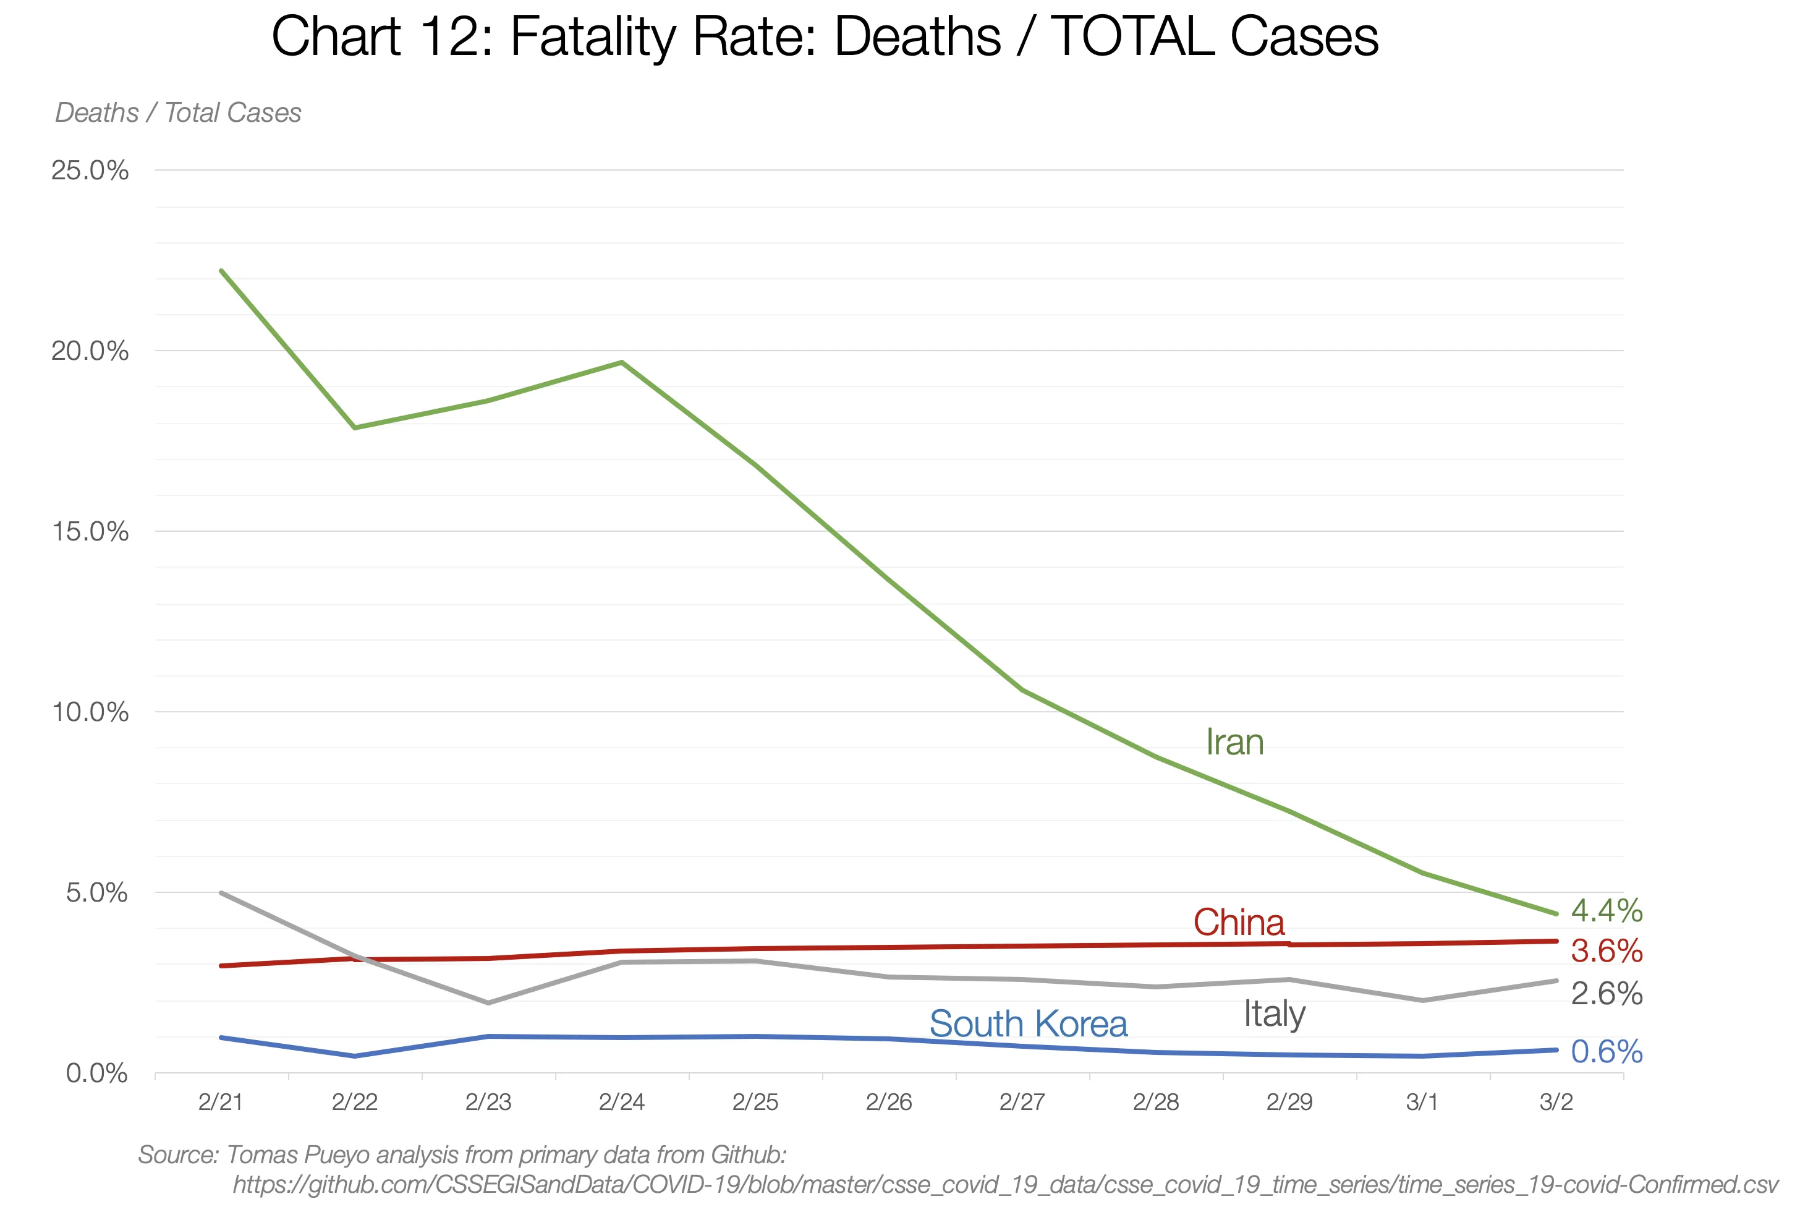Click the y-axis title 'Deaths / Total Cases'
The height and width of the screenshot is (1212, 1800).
(177, 113)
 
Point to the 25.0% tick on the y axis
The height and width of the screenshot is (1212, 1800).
(90, 170)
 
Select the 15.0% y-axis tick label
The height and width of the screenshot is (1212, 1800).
(90, 531)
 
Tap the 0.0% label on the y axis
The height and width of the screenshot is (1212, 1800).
(96, 1073)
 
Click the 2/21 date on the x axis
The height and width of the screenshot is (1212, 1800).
(221, 1101)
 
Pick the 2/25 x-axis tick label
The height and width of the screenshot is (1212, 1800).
(755, 1101)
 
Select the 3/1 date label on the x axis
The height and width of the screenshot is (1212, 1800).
(1422, 1101)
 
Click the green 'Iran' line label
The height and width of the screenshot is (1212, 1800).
(1234, 743)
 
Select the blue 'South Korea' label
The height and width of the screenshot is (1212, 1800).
(1027, 1024)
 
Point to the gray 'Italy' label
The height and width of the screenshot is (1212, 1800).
(1274, 1014)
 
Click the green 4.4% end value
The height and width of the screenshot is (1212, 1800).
(1606, 910)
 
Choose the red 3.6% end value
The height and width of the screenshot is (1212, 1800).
(1606, 951)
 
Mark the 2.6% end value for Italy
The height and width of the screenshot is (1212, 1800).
(1606, 993)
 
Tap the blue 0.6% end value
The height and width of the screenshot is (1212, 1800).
(1606, 1051)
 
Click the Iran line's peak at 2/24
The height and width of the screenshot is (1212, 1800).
(622, 362)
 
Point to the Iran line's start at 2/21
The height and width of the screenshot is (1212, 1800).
(222, 271)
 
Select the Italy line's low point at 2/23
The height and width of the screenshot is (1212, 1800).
(488, 1002)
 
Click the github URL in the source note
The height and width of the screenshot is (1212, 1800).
(1004, 1184)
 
